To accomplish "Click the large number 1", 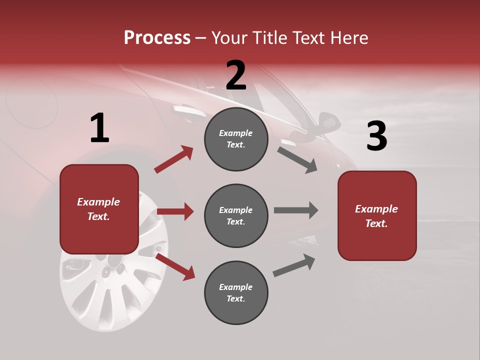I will coord(99,128).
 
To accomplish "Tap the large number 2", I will coord(236,75).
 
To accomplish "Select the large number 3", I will coord(376,136).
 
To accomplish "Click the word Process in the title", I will coord(157,37).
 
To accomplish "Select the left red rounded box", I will coord(99,209).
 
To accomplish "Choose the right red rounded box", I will coord(377,215).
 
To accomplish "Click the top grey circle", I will coord(236,139).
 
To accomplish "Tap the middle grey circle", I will coord(236,215).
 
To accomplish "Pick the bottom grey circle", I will coord(236,292).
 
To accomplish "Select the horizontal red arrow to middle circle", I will coord(175,211).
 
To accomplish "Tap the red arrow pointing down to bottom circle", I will coord(175,266).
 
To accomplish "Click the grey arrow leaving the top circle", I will coord(297,159).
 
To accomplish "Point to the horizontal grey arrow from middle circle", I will coord(296,210).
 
